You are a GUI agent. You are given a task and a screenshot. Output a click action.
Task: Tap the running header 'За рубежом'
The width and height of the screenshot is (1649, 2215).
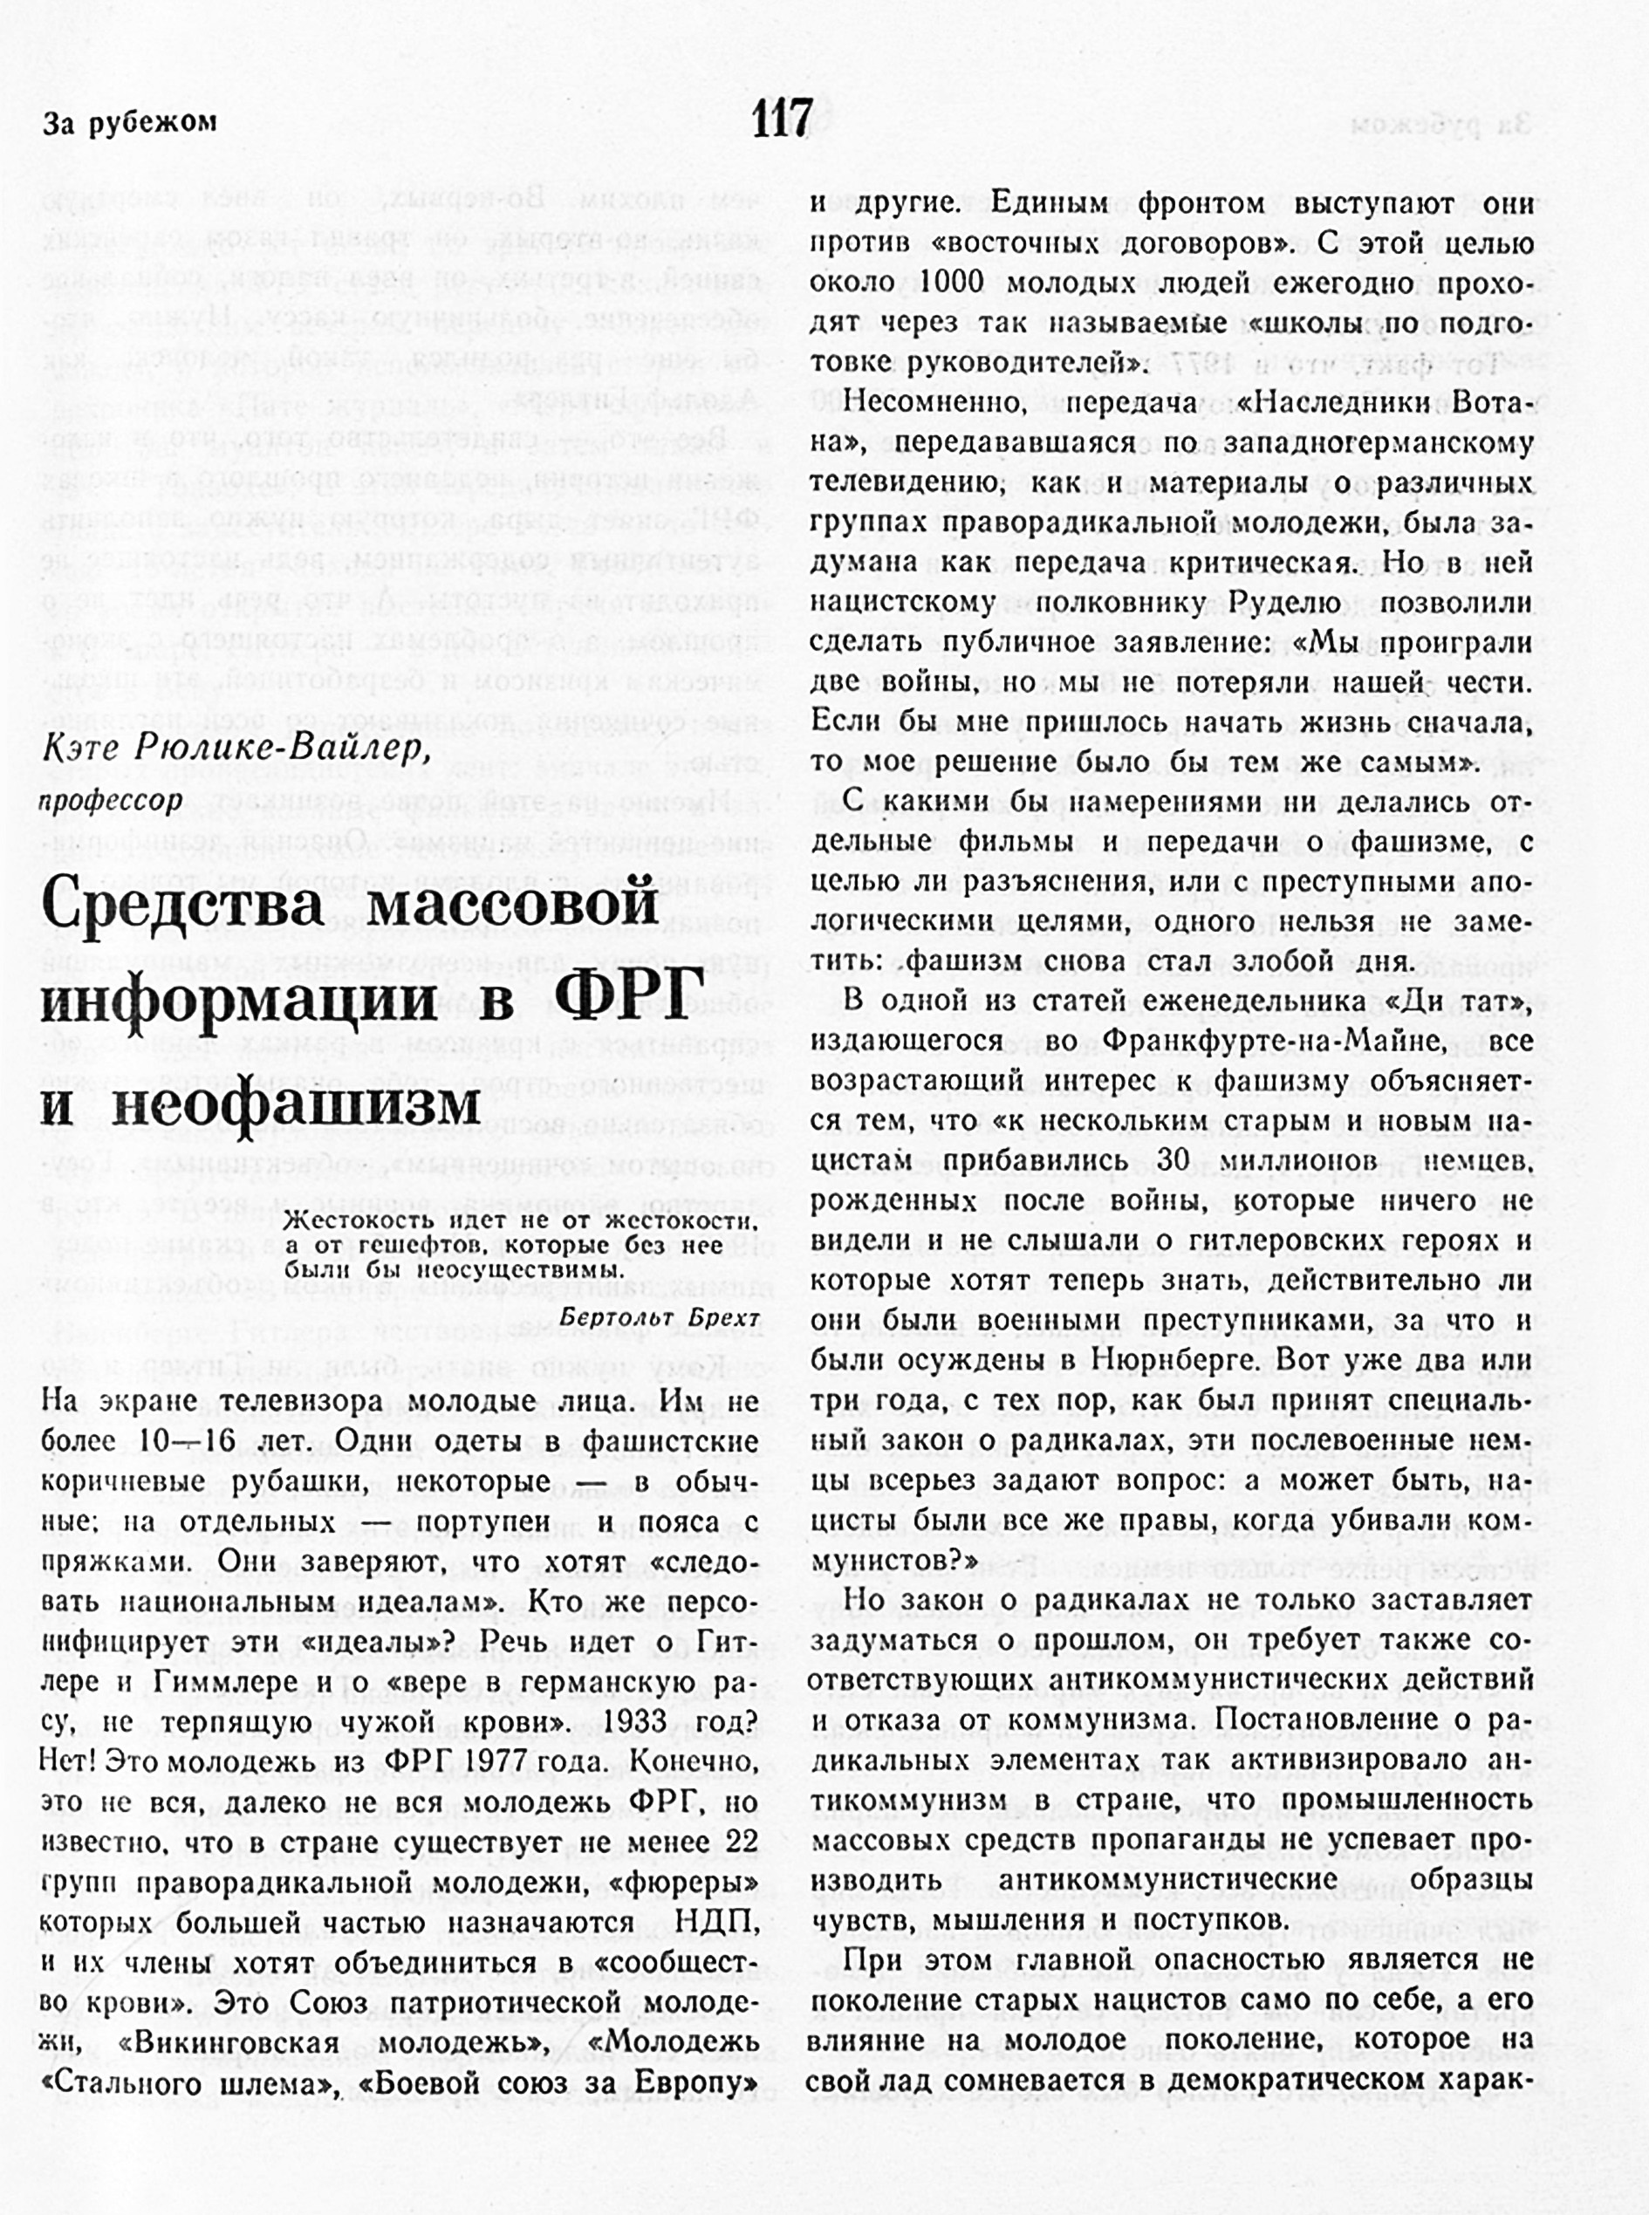[x=129, y=124]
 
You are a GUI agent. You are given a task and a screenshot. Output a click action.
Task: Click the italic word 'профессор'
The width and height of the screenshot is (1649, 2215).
[x=111, y=802]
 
